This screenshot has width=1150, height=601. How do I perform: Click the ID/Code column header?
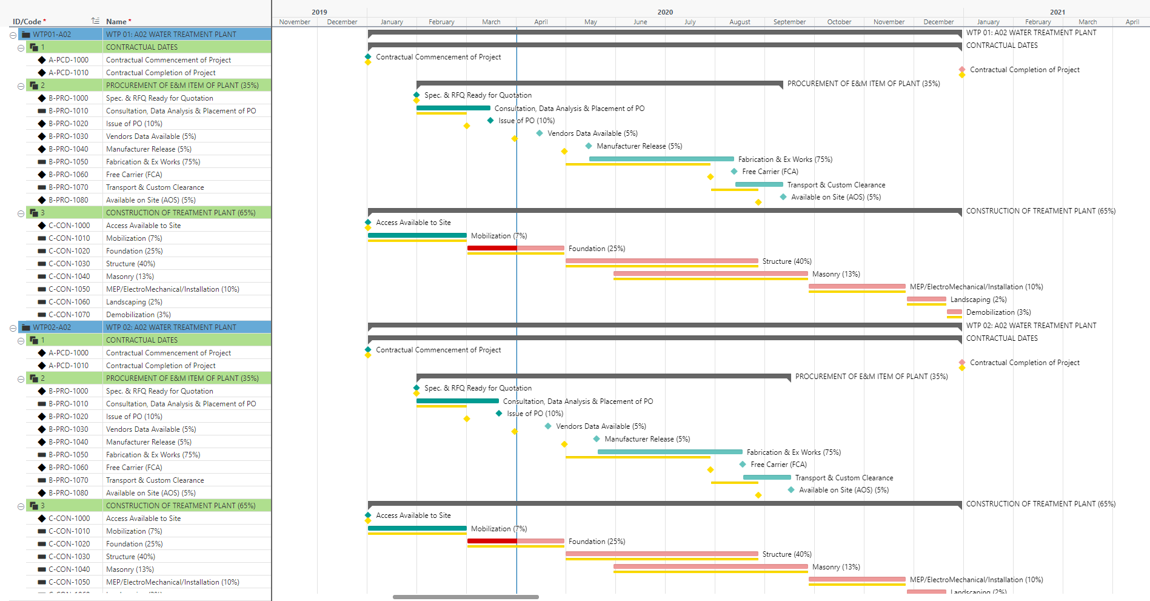point(27,21)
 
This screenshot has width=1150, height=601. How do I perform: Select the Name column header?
point(116,21)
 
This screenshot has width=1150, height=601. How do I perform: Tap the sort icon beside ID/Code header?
point(95,21)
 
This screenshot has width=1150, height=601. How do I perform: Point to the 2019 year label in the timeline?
point(319,12)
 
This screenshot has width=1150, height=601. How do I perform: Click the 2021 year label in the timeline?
point(1058,12)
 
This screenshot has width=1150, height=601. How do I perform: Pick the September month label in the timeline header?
point(789,22)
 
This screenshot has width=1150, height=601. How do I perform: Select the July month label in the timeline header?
point(690,22)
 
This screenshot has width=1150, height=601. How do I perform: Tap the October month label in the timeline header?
point(839,22)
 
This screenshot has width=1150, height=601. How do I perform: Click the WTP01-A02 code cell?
point(52,35)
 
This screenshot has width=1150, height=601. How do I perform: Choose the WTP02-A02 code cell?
point(52,327)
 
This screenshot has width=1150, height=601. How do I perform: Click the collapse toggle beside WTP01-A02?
point(13,35)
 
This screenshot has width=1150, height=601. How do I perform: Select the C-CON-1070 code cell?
point(69,315)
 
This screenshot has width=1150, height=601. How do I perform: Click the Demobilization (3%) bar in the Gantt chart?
point(954,312)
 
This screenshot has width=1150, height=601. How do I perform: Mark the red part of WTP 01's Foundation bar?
point(492,248)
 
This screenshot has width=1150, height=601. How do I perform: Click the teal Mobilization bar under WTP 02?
point(417,528)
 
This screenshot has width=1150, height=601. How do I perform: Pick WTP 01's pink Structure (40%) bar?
point(662,261)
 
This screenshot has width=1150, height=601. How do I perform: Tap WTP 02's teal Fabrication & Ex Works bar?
point(670,452)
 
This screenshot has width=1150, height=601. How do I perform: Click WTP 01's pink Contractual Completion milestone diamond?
point(962,69)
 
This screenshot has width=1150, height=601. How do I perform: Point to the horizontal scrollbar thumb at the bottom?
point(466,597)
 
